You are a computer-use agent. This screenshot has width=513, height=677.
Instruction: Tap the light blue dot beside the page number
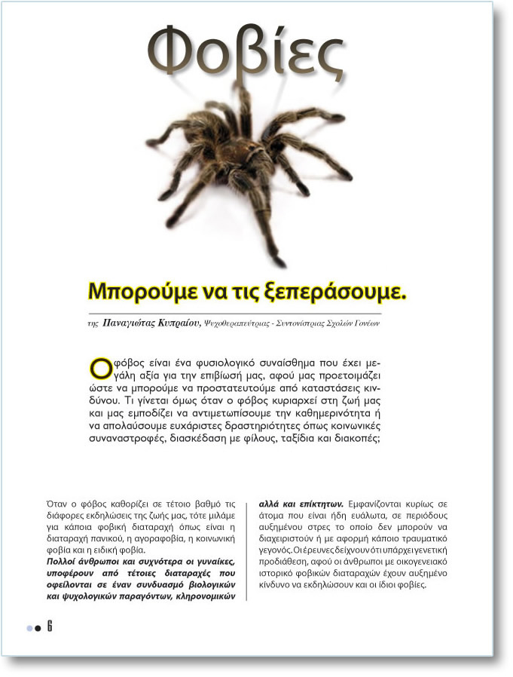tap(29, 627)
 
